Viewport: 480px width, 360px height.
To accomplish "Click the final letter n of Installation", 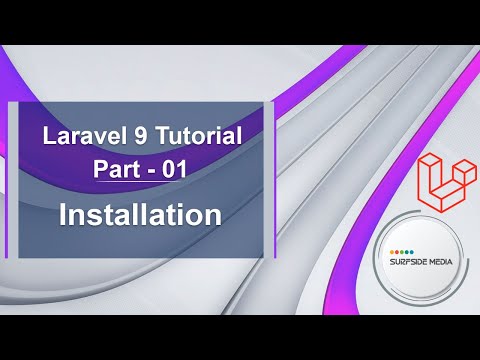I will click(212, 214).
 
